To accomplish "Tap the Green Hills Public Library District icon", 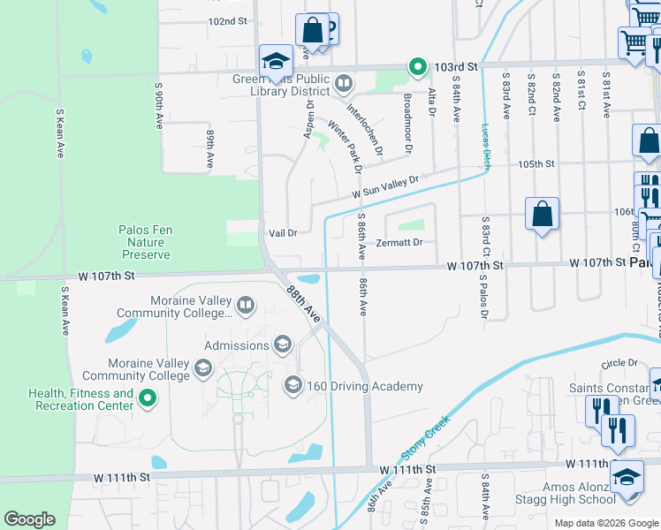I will (344, 85).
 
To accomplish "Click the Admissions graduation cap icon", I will (283, 344).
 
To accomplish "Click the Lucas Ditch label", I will (486, 146).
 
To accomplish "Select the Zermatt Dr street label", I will (399, 242).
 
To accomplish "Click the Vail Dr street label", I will (282, 232).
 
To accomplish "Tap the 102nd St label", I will (226, 21).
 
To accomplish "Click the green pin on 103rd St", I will (414, 66).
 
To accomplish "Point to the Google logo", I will (29, 519).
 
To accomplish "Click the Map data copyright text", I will (605, 523).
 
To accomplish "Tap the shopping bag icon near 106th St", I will (542, 214).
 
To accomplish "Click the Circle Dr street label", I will (619, 363).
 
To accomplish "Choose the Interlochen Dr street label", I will (364, 132).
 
